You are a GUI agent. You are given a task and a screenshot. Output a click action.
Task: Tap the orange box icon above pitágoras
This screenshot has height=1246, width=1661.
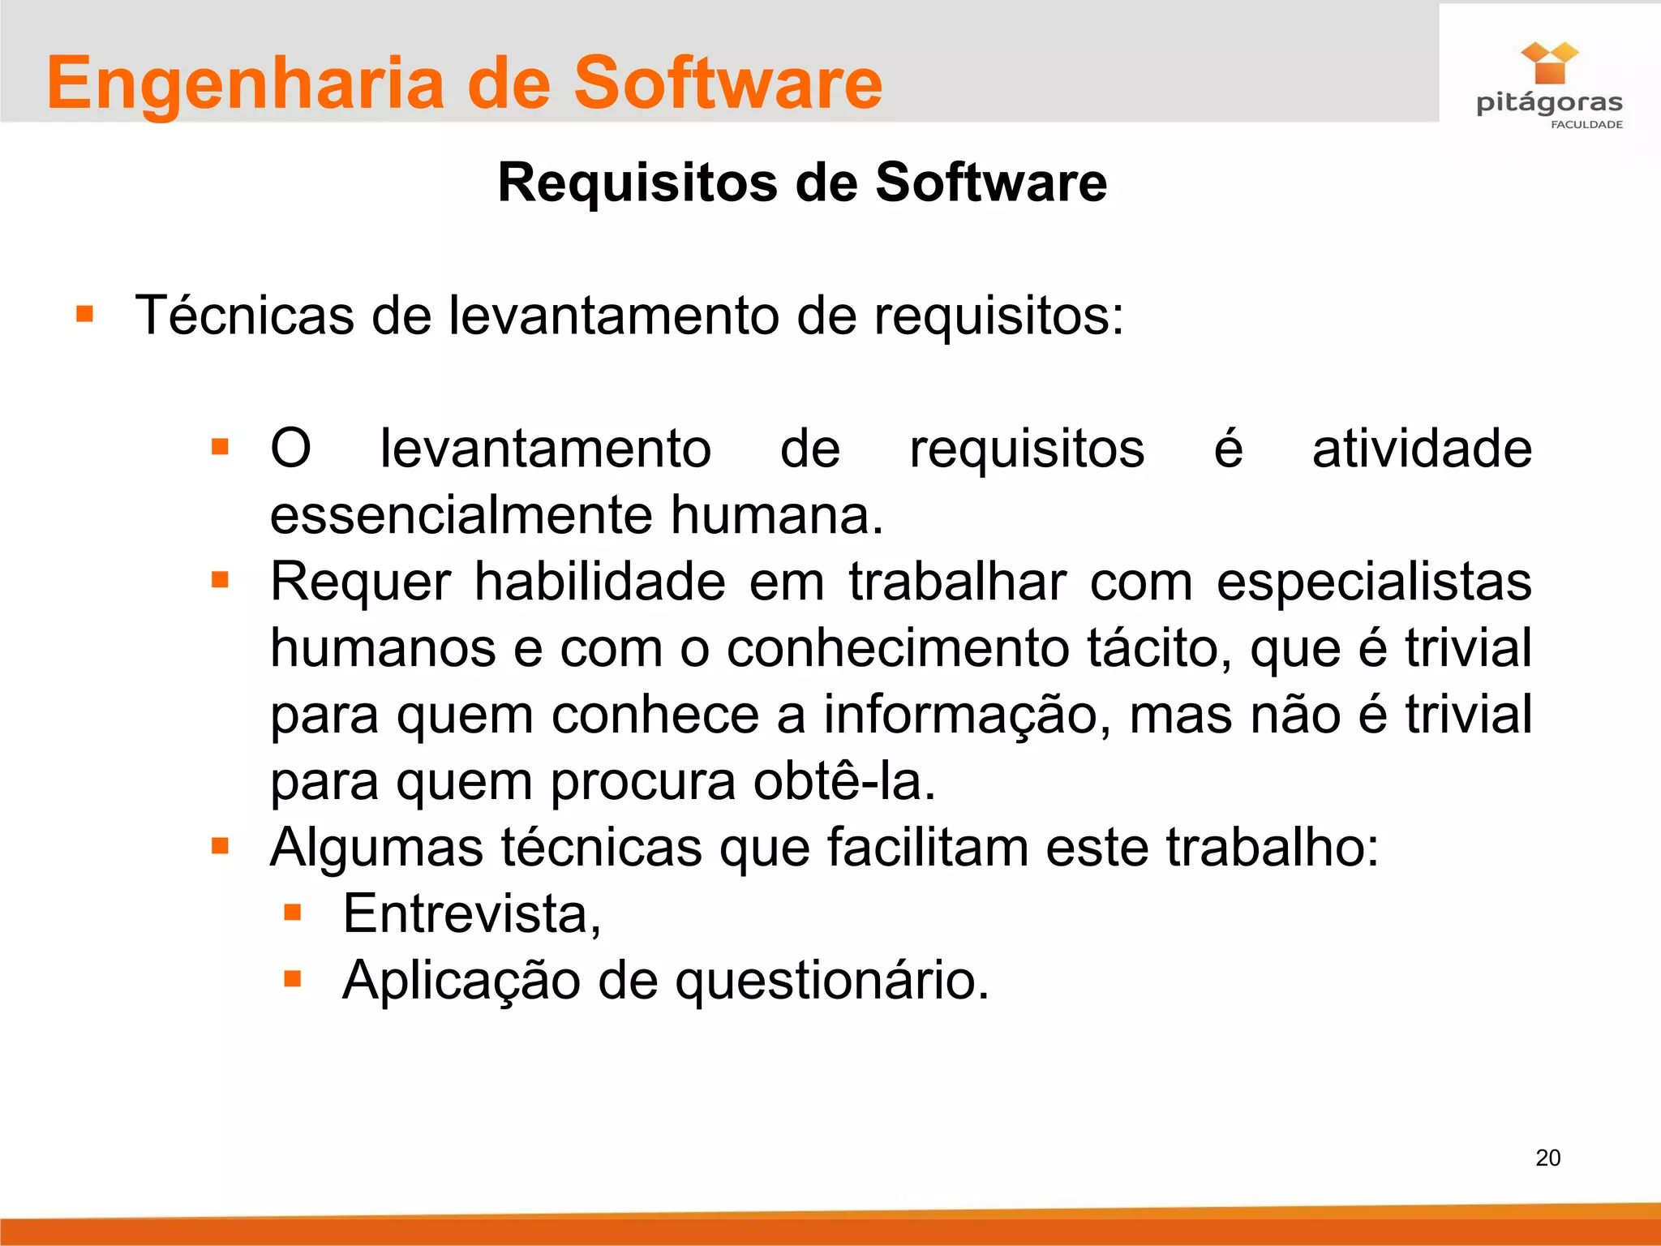coord(1549,63)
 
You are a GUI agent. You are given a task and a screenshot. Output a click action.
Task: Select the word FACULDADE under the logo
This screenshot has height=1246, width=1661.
coord(1586,125)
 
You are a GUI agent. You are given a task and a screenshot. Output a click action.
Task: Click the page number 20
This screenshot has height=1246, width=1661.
coord(1547,1158)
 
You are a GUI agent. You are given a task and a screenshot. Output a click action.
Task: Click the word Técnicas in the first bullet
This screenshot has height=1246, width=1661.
coord(243,315)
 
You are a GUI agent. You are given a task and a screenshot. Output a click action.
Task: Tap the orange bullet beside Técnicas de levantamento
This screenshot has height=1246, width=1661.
coord(84,314)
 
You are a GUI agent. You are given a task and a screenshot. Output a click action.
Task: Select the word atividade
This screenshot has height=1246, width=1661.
coord(1422,449)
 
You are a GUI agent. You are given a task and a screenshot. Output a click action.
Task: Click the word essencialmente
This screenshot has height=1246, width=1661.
coord(461,516)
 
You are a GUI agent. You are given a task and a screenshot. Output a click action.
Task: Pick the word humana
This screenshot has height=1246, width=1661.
coord(776,516)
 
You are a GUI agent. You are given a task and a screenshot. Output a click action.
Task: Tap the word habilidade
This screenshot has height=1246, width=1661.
coord(599,582)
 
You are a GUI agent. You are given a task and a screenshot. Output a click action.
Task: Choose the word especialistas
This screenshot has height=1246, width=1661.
coord(1374,582)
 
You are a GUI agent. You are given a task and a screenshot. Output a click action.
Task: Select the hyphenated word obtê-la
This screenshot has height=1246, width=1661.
coord(843,781)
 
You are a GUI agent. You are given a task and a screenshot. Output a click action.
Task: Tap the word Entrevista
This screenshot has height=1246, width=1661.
coord(471,914)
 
